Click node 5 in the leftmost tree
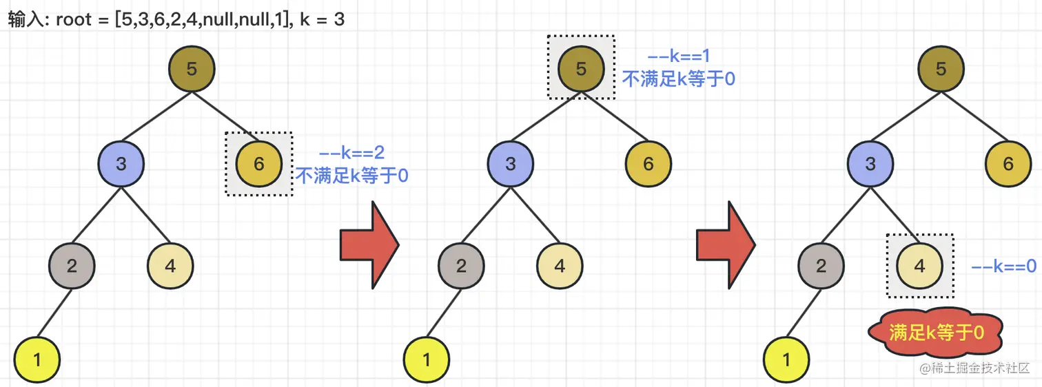(x=192, y=69)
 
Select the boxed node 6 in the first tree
(x=259, y=164)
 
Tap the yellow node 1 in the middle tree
(x=426, y=359)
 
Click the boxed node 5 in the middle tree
(x=581, y=68)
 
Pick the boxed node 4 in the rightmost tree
(x=919, y=266)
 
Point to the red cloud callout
(x=935, y=333)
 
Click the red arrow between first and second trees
(x=369, y=245)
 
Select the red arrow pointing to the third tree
(x=726, y=245)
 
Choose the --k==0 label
(x=1003, y=266)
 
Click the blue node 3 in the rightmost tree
(x=870, y=164)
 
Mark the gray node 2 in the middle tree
(x=461, y=266)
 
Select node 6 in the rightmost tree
(x=1008, y=164)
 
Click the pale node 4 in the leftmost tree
(x=171, y=266)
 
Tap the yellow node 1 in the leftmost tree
(x=37, y=359)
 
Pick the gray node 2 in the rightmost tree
(x=821, y=266)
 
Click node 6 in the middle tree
(x=648, y=164)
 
